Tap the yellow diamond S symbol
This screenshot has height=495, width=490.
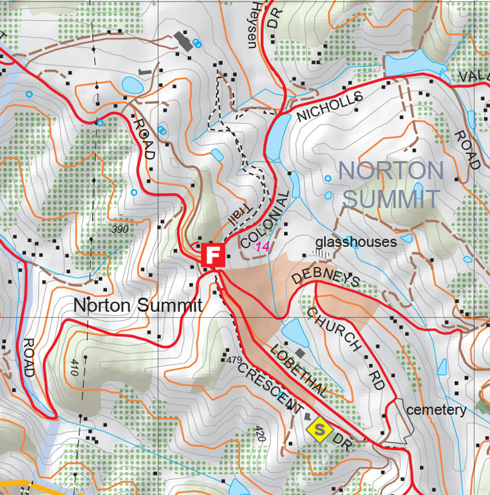(317, 428)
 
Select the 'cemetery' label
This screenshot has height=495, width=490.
(436, 410)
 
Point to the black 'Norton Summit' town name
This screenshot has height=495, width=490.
(137, 305)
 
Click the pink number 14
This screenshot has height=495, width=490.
(262, 246)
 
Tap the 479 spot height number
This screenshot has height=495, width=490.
(233, 359)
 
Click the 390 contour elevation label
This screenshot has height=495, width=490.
(120, 229)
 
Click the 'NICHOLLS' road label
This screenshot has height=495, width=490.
(330, 106)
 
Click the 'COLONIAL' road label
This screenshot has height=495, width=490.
(264, 220)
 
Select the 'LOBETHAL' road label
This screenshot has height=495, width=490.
(299, 369)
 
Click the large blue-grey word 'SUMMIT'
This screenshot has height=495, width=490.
(391, 199)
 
